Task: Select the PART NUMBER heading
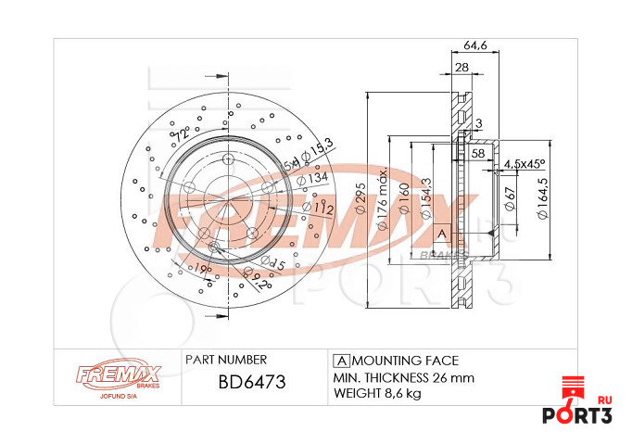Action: (x=226, y=360)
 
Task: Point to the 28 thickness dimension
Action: (x=461, y=67)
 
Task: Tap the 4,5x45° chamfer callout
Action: (x=525, y=164)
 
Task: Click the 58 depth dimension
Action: (x=478, y=152)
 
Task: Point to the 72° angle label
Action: (x=182, y=135)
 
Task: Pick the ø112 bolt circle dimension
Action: (x=321, y=208)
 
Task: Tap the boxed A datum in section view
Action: (x=441, y=233)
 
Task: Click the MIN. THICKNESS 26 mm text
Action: (x=403, y=378)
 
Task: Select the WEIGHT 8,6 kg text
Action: (x=376, y=394)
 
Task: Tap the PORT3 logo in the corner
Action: (x=589, y=408)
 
